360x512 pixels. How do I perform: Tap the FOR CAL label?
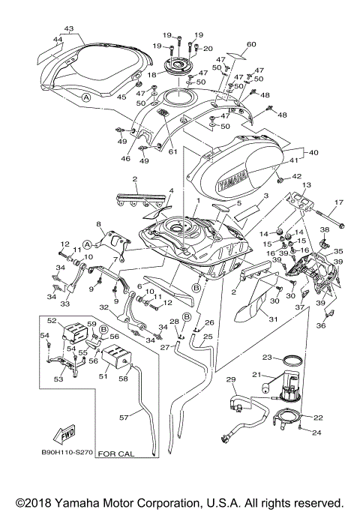(x=116, y=454)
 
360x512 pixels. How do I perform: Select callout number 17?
(x=337, y=202)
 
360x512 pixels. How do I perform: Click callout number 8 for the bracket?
(x=98, y=224)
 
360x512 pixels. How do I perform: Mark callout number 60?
(x=250, y=44)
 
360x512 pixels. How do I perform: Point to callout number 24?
(x=316, y=433)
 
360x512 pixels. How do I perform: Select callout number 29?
(x=231, y=379)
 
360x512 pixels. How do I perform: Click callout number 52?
(x=52, y=321)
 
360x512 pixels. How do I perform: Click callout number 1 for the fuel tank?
(x=197, y=201)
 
